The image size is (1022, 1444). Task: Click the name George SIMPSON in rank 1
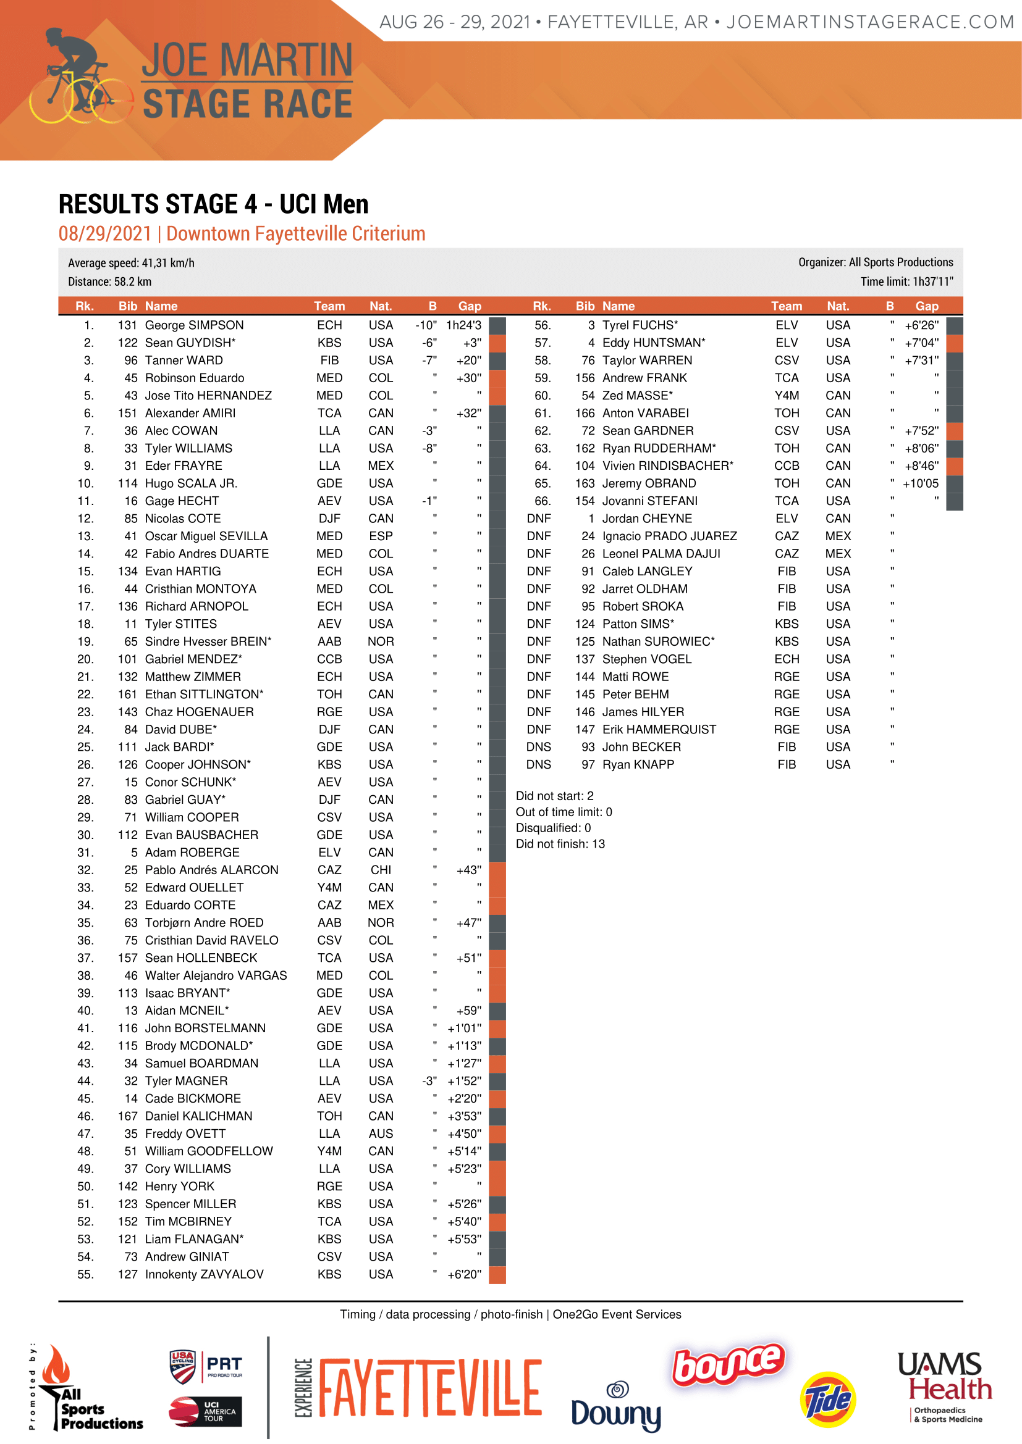click(194, 325)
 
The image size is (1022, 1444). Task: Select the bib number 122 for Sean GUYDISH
click(127, 343)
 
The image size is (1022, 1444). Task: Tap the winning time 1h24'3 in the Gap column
click(464, 325)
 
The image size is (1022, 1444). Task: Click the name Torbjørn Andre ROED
click(204, 922)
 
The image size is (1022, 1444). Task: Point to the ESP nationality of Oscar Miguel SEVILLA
click(381, 536)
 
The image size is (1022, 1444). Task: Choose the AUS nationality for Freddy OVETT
click(381, 1133)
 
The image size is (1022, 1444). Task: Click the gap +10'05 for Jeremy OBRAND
click(920, 483)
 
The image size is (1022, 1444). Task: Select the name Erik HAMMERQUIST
click(659, 730)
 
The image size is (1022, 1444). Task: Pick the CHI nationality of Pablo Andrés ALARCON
click(381, 870)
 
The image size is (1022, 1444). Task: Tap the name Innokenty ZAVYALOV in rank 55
click(204, 1274)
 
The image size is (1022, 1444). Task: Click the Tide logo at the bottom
click(827, 1400)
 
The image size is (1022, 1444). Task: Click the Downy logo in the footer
click(616, 1406)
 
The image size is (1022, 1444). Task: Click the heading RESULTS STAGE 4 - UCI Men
click(213, 204)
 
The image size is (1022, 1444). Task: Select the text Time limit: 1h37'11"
click(906, 282)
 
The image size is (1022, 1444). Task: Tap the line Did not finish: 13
click(560, 844)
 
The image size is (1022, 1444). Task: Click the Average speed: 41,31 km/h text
click(131, 263)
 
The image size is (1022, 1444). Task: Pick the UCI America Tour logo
click(205, 1412)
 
